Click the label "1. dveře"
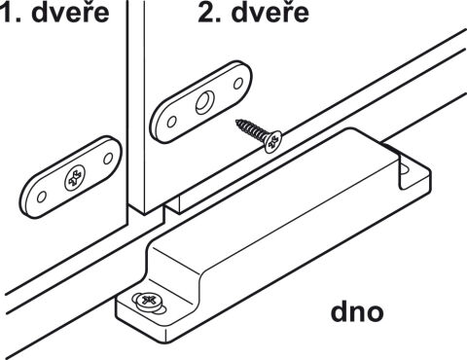54,13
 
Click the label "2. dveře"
253,13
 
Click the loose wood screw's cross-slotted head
272,141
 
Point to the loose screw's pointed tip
236,122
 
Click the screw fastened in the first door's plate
75,178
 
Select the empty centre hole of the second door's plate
204,102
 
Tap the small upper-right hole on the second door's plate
238,84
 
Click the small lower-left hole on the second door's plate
171,122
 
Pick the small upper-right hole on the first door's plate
108,159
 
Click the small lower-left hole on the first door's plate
42,197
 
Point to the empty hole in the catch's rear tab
405,168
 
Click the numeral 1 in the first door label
7,13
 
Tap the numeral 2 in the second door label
206,13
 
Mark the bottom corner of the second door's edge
144,214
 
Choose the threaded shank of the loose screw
252,130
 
